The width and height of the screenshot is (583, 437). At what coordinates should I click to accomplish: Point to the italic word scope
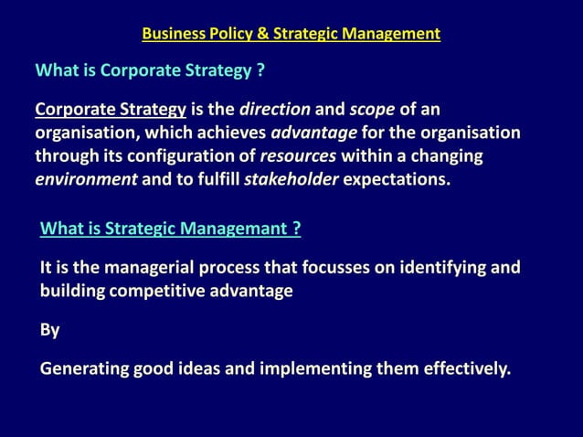371,112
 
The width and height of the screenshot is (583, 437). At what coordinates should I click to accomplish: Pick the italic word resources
298,155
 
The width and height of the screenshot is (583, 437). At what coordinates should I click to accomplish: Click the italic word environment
86,178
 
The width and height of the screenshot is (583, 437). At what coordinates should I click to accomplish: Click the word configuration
190,155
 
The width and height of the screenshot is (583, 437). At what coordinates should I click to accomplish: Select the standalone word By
49,330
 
